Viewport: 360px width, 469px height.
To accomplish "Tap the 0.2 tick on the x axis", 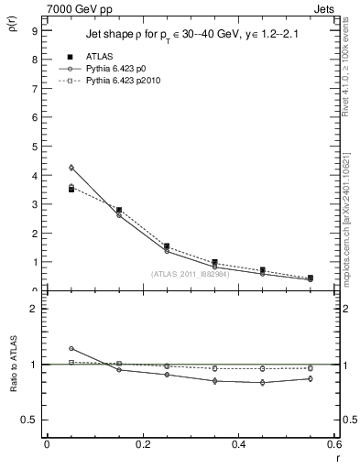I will (x=141, y=446).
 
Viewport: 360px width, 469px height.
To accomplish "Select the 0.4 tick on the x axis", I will (x=237, y=446).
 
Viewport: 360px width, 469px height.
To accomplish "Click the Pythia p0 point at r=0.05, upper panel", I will (x=71, y=168).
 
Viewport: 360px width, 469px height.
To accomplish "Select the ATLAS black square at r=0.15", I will (x=119, y=210).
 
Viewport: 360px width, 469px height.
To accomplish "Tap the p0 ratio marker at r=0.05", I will (x=71, y=348).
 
